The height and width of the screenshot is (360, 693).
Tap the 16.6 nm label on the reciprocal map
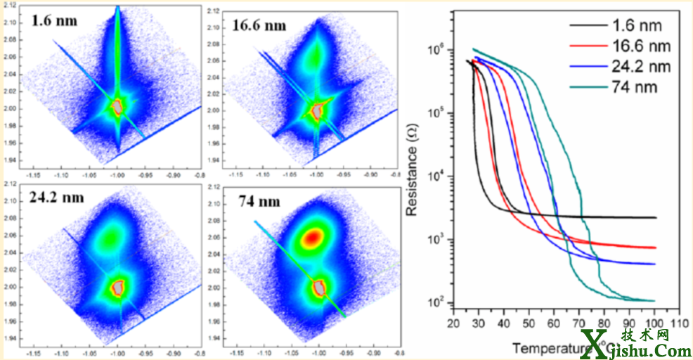coord(260,26)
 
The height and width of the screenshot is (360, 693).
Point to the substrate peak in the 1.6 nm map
coord(117,107)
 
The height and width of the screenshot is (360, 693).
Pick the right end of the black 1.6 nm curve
coord(655,218)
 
